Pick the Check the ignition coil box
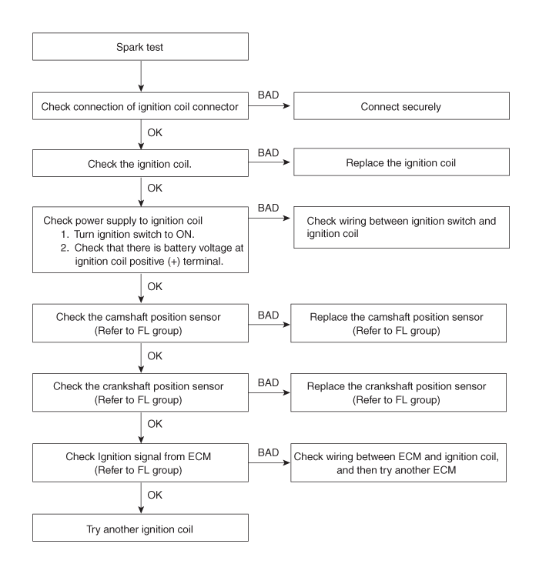pyautogui.click(x=141, y=164)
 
